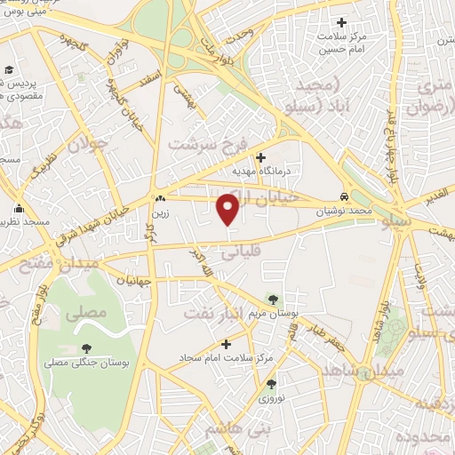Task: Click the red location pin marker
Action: click(228, 209)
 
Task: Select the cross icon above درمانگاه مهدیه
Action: click(259, 157)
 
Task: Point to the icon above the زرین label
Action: click(160, 199)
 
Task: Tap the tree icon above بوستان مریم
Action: click(272, 300)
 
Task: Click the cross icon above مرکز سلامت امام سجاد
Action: click(225, 344)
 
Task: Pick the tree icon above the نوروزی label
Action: click(272, 384)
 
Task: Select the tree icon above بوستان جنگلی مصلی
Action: click(86, 349)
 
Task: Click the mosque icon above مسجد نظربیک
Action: click(19, 211)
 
